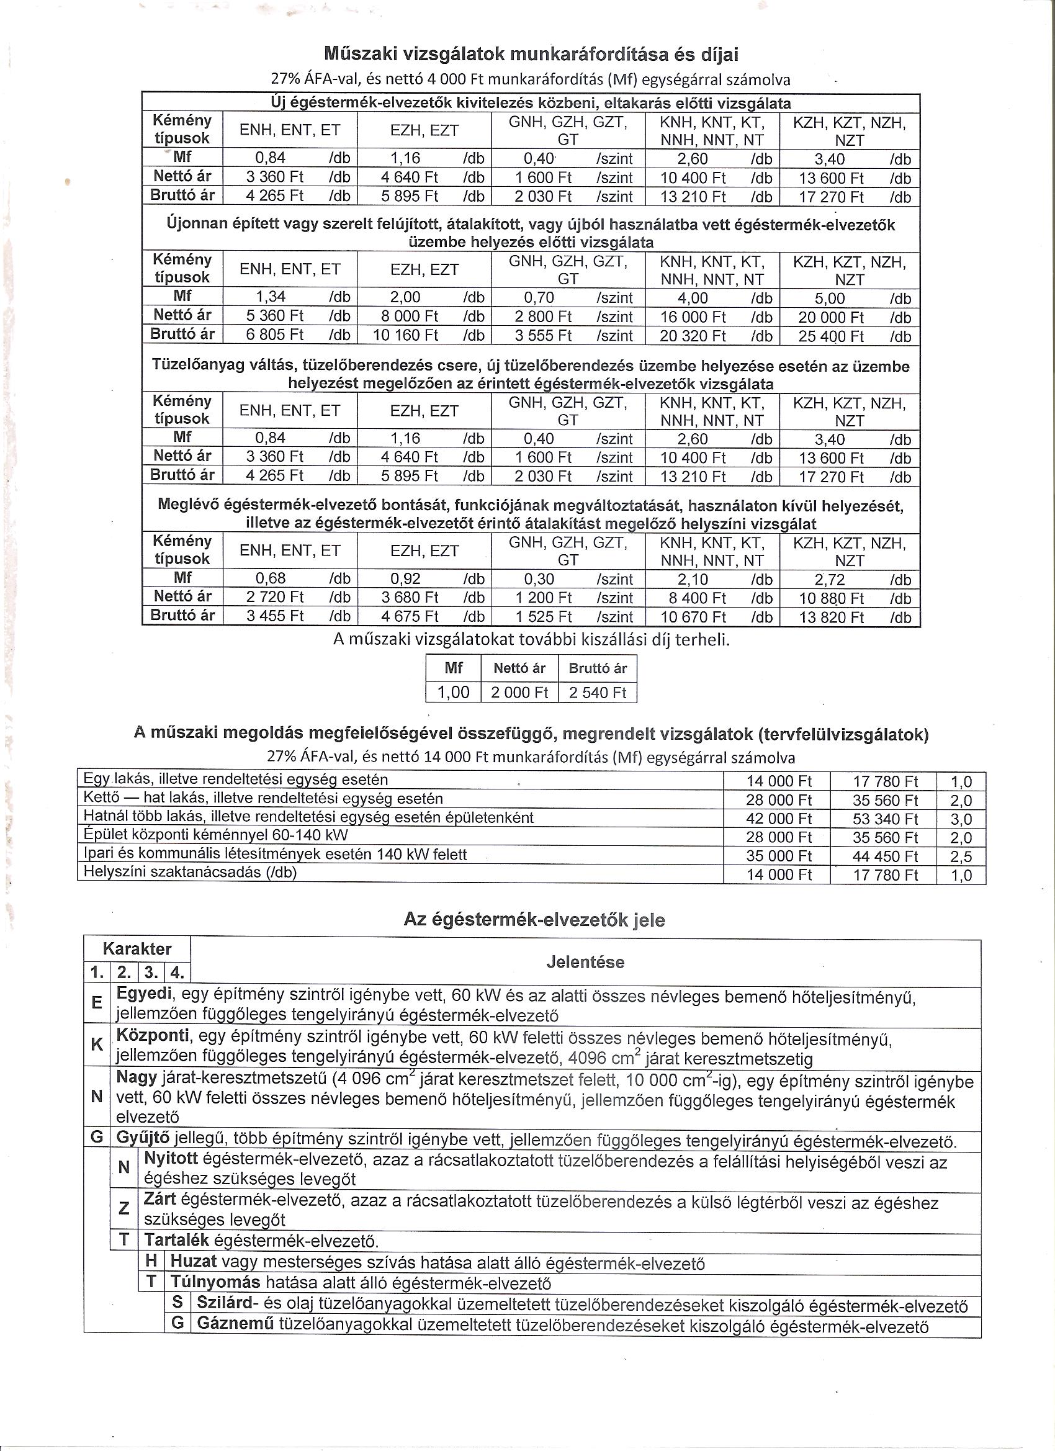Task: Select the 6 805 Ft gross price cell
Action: coord(275,335)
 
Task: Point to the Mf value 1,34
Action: coord(270,297)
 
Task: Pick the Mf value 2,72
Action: coord(829,580)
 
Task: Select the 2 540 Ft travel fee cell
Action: coord(597,692)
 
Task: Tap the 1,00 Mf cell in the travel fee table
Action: coord(453,692)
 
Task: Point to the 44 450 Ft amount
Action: coord(885,856)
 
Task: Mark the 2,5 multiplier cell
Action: coord(961,856)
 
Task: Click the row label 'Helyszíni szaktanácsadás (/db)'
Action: coord(191,872)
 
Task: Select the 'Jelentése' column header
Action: coord(585,962)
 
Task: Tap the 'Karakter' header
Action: coord(137,949)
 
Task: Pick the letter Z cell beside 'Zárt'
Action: coord(124,1208)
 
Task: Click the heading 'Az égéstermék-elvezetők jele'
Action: coord(534,920)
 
